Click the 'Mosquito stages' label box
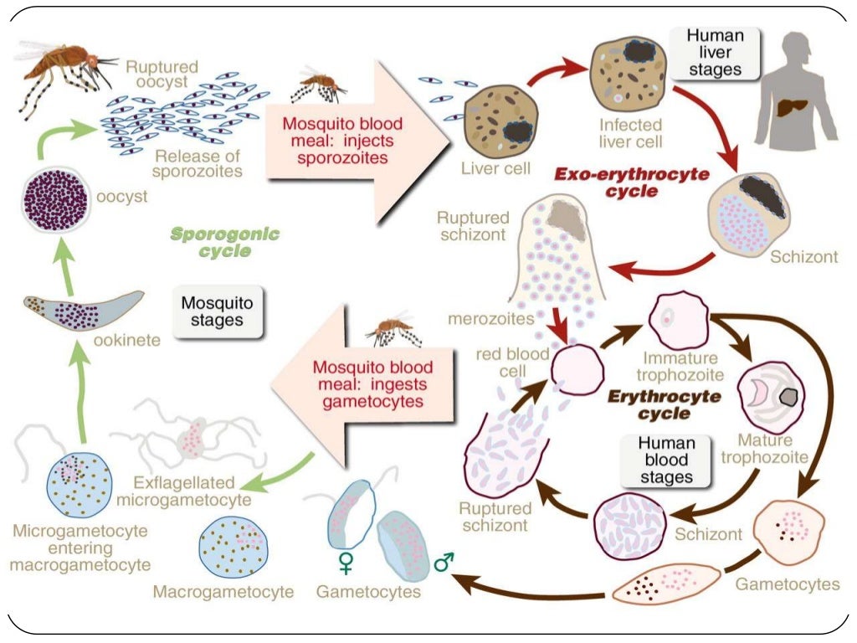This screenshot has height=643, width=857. click(x=217, y=309)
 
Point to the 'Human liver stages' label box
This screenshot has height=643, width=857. click(x=715, y=52)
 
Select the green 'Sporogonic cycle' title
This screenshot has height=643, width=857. click(x=224, y=242)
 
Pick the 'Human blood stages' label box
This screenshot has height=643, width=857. click(x=665, y=460)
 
